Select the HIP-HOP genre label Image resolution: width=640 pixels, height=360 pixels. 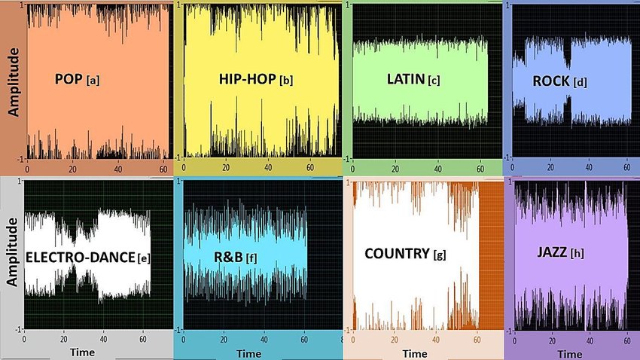(x=246, y=79)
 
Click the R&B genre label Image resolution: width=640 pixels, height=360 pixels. (x=227, y=258)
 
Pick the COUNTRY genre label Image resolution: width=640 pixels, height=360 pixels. (x=396, y=253)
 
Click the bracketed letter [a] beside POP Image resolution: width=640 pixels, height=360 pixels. (x=93, y=79)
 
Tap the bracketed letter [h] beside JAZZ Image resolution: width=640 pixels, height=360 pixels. (x=578, y=254)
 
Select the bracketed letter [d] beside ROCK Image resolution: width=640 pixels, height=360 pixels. (x=580, y=82)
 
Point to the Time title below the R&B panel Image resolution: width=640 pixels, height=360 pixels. (x=248, y=352)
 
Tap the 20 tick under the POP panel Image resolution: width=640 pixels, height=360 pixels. (x=72, y=168)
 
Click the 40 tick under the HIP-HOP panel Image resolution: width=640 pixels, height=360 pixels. (x=268, y=168)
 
